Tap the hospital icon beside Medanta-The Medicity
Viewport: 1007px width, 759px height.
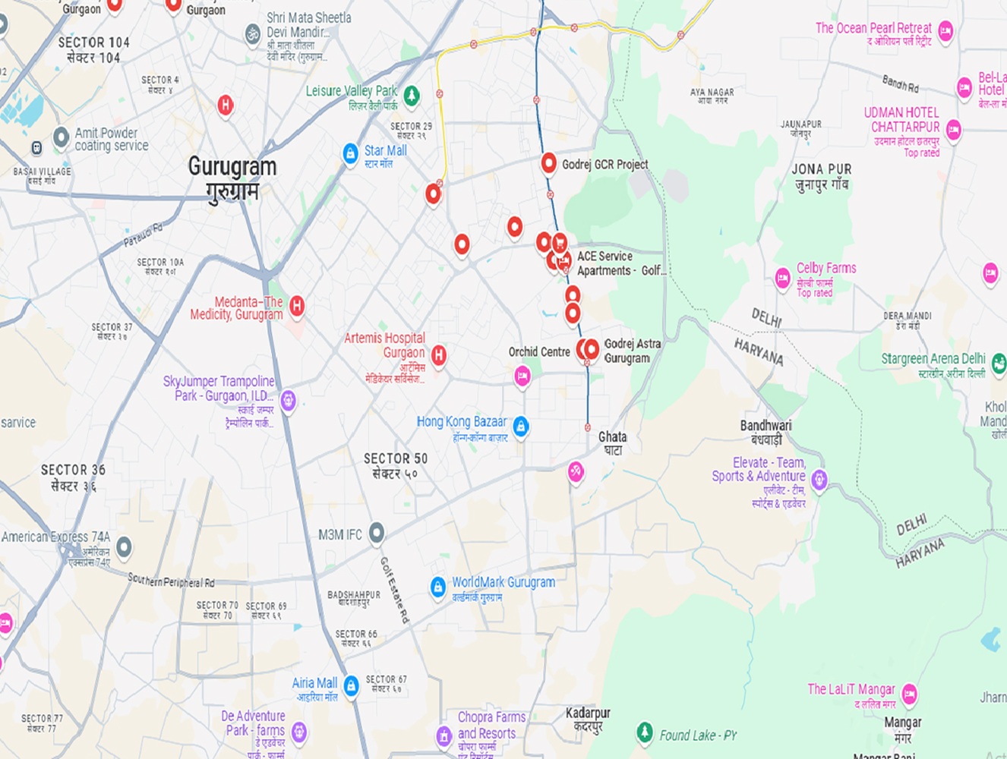(x=297, y=305)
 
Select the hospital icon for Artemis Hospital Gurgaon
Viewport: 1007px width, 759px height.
(x=438, y=354)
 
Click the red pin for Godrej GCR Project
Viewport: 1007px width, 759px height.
(x=548, y=162)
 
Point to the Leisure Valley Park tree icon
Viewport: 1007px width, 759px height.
(x=411, y=96)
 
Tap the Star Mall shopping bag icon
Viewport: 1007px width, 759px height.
(x=350, y=154)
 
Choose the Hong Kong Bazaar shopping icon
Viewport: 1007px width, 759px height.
(x=520, y=427)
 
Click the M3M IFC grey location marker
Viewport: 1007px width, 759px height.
(x=377, y=533)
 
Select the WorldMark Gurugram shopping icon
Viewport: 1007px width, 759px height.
(x=437, y=587)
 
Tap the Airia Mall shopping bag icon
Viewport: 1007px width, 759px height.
(x=351, y=685)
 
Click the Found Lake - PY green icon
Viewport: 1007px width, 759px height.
(x=644, y=732)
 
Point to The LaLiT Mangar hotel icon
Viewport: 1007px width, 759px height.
(x=909, y=693)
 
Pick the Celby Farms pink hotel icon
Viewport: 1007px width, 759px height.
(x=782, y=278)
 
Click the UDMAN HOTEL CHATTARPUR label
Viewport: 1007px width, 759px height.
(x=901, y=120)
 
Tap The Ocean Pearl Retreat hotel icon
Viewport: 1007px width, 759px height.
(x=945, y=30)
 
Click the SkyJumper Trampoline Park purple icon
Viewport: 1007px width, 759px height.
(x=288, y=399)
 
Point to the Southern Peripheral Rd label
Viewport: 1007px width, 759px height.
(x=171, y=581)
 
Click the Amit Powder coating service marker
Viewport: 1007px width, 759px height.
(x=61, y=137)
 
